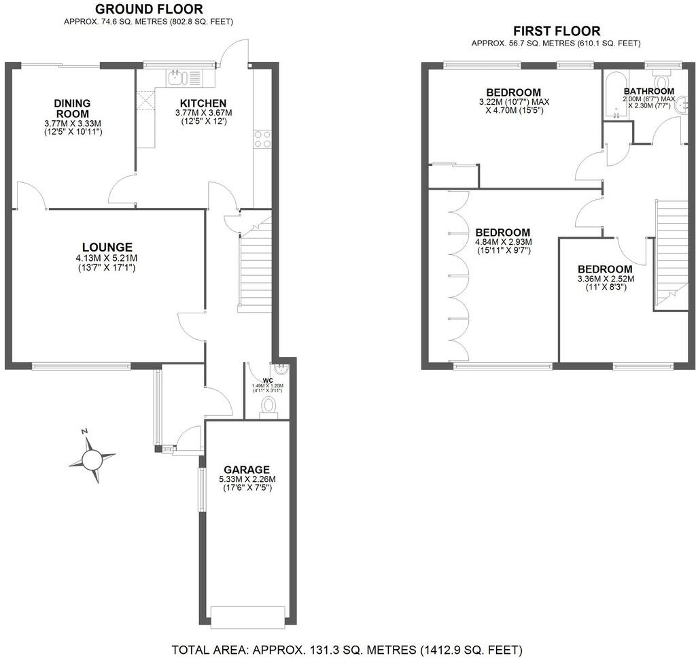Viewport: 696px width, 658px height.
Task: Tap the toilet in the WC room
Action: tap(269, 406)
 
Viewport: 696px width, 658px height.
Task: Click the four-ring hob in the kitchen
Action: tap(262, 139)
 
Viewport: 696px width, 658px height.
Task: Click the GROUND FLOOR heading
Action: tap(149, 9)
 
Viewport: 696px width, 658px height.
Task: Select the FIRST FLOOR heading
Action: tap(557, 31)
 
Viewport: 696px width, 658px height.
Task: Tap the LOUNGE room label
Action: tap(107, 247)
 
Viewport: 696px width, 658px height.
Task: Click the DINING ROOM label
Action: tap(73, 108)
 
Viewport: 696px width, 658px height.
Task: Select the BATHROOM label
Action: tap(649, 91)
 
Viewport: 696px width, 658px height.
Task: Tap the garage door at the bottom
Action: tap(246, 616)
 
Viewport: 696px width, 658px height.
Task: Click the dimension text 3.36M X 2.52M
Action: tap(604, 279)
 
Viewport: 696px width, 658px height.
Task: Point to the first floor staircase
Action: tap(667, 252)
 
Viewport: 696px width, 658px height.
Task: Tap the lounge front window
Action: tap(81, 366)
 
